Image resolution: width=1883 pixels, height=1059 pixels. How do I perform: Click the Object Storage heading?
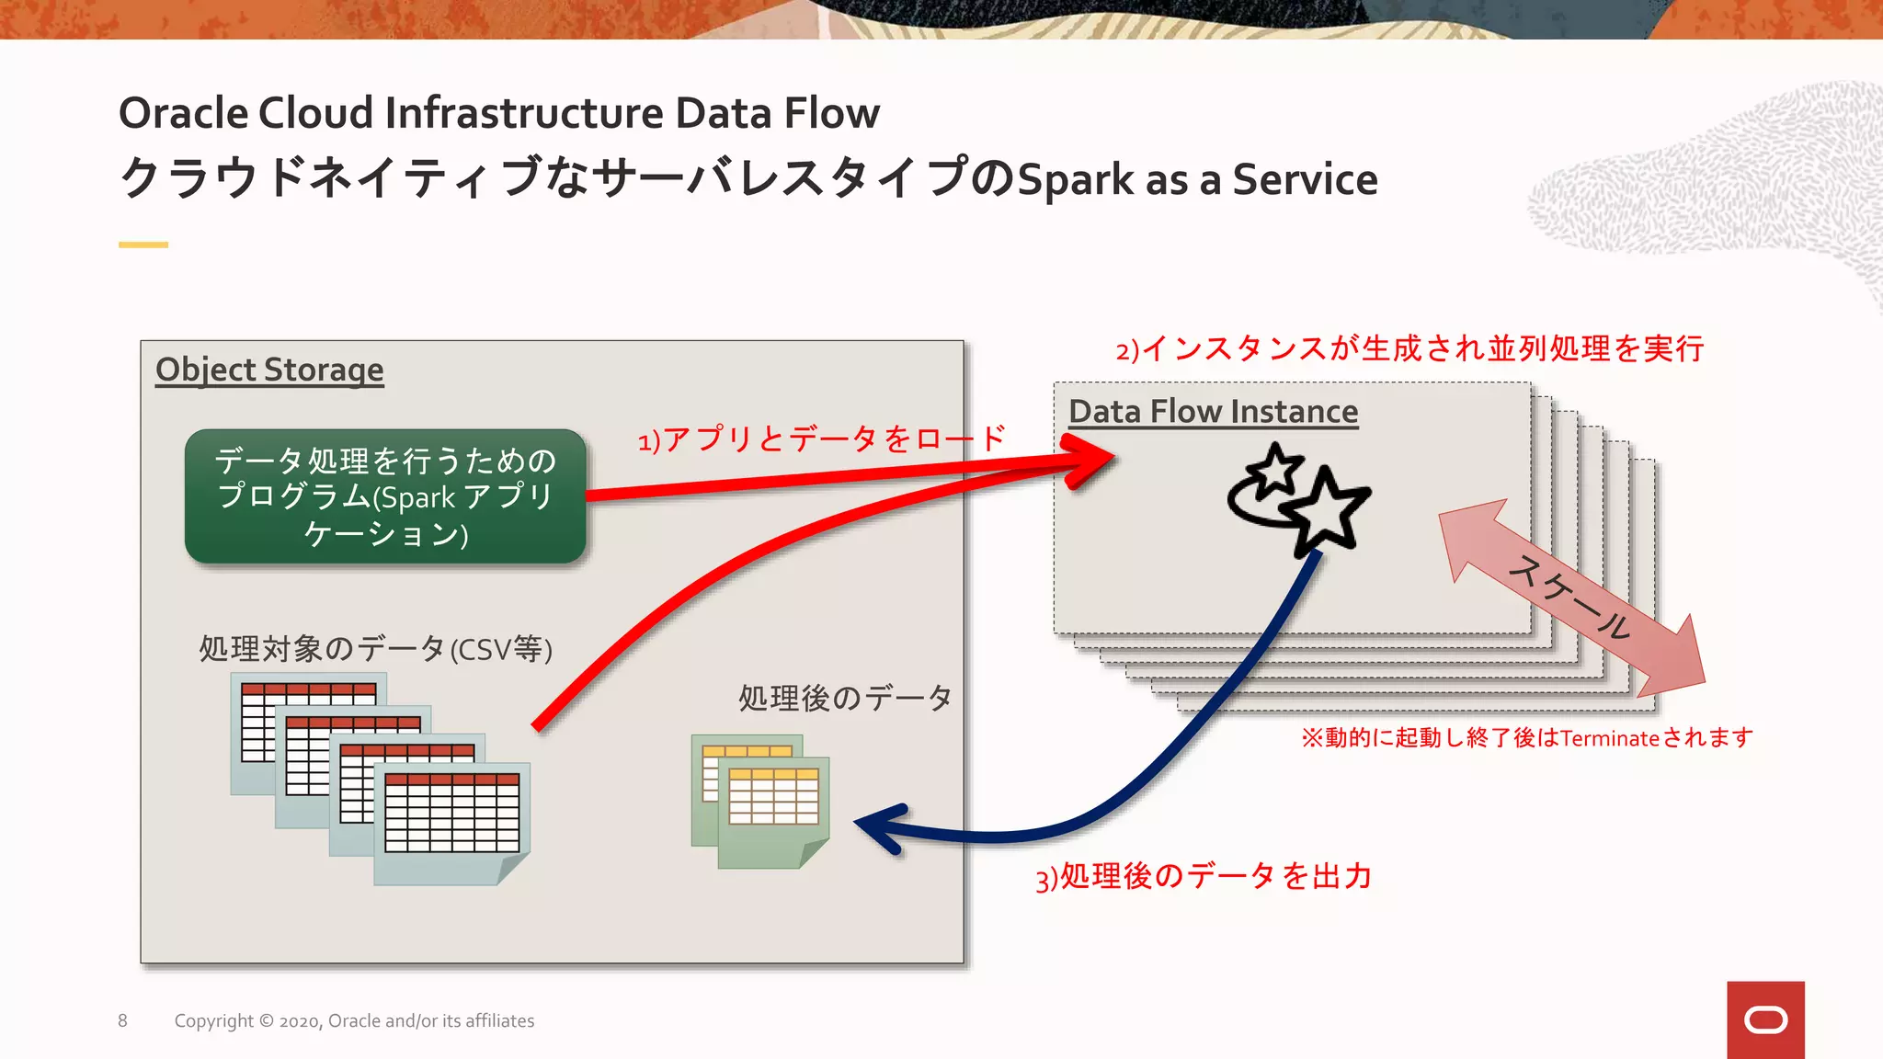pos(269,370)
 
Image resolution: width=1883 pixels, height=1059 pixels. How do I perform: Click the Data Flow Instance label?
pos(1213,411)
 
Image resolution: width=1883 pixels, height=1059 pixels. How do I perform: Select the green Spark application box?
pos(385,496)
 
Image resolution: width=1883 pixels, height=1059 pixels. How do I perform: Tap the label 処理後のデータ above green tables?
pos(845,698)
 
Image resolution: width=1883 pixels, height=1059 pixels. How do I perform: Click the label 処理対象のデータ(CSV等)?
pos(375,649)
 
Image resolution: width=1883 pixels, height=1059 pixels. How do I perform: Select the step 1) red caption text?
pos(822,438)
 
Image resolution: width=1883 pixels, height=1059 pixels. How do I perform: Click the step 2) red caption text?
pos(1410,349)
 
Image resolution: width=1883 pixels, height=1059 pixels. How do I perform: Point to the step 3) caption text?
pos(1204,876)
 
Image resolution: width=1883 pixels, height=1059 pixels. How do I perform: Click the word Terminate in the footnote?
pos(1609,738)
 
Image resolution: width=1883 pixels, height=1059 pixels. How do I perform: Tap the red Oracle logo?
pos(1765,1019)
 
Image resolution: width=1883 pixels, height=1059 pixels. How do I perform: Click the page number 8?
pos(122,1020)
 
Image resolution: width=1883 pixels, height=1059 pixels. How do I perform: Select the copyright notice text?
pos(354,1020)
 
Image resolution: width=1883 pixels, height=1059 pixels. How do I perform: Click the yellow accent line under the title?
pos(143,245)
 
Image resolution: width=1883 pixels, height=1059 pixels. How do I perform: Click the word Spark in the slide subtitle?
pos(1076,180)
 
